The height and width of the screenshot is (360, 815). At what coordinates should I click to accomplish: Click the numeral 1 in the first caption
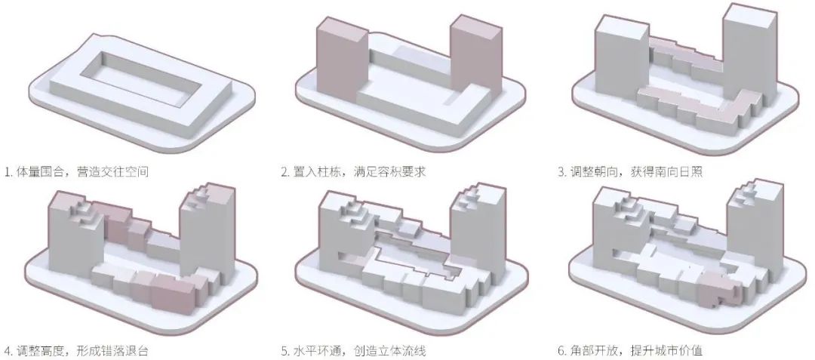point(6,172)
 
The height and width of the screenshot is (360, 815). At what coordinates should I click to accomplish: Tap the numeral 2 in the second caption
point(285,172)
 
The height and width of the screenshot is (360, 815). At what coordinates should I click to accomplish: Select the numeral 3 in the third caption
point(561,172)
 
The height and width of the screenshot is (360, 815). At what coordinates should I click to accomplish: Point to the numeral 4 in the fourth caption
point(7,351)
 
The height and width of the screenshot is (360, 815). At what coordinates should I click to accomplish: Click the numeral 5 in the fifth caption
point(285,351)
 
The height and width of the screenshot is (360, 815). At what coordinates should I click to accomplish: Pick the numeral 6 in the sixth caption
point(561,351)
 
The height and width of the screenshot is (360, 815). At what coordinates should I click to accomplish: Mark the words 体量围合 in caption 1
point(42,172)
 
